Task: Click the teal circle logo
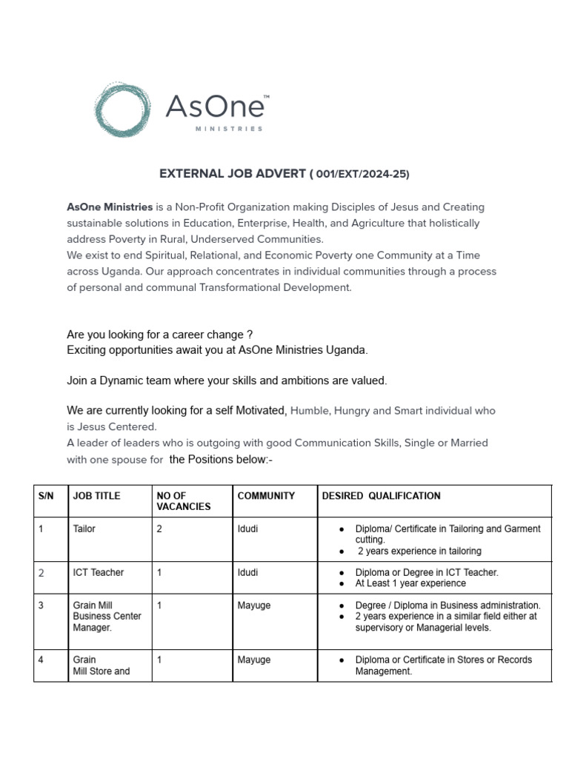pyautogui.click(x=124, y=110)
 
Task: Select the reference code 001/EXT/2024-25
pyautogui.click(x=360, y=174)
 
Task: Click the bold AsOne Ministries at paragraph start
pyautogui.click(x=110, y=207)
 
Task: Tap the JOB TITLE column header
pyautogui.click(x=96, y=496)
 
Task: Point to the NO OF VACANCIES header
pyautogui.click(x=184, y=501)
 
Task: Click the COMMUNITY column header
pyautogui.click(x=266, y=496)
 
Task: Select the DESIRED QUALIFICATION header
pyautogui.click(x=381, y=496)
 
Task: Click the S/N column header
pyautogui.click(x=46, y=496)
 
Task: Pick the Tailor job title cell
pyautogui.click(x=84, y=529)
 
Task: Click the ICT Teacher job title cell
pyautogui.click(x=99, y=572)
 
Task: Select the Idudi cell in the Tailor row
pyautogui.click(x=248, y=529)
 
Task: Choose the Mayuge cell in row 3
pyautogui.click(x=254, y=605)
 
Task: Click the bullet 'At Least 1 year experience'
pyautogui.click(x=410, y=583)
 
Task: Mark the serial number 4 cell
pyautogui.click(x=41, y=660)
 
